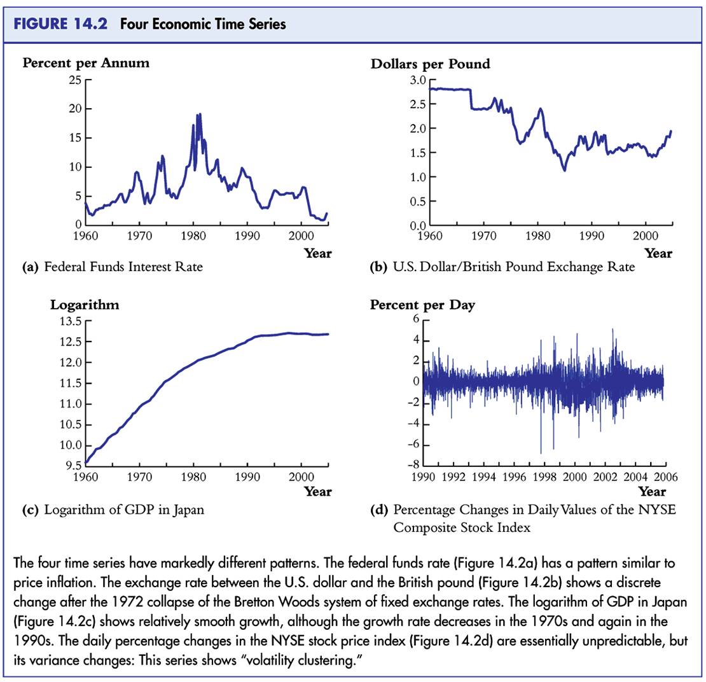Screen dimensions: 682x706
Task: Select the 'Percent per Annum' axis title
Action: click(86, 63)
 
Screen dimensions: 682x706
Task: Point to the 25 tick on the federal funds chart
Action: click(75, 80)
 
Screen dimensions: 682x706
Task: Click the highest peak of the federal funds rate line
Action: click(199, 115)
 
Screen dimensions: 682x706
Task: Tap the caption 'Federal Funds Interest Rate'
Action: click(123, 267)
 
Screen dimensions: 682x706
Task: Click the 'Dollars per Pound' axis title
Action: click(430, 64)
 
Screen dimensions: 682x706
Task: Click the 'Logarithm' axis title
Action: click(85, 305)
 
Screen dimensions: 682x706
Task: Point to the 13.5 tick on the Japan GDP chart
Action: click(70, 321)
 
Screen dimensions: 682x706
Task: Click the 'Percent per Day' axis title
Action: click(422, 305)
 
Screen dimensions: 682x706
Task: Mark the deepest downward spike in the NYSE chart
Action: click(541, 453)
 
